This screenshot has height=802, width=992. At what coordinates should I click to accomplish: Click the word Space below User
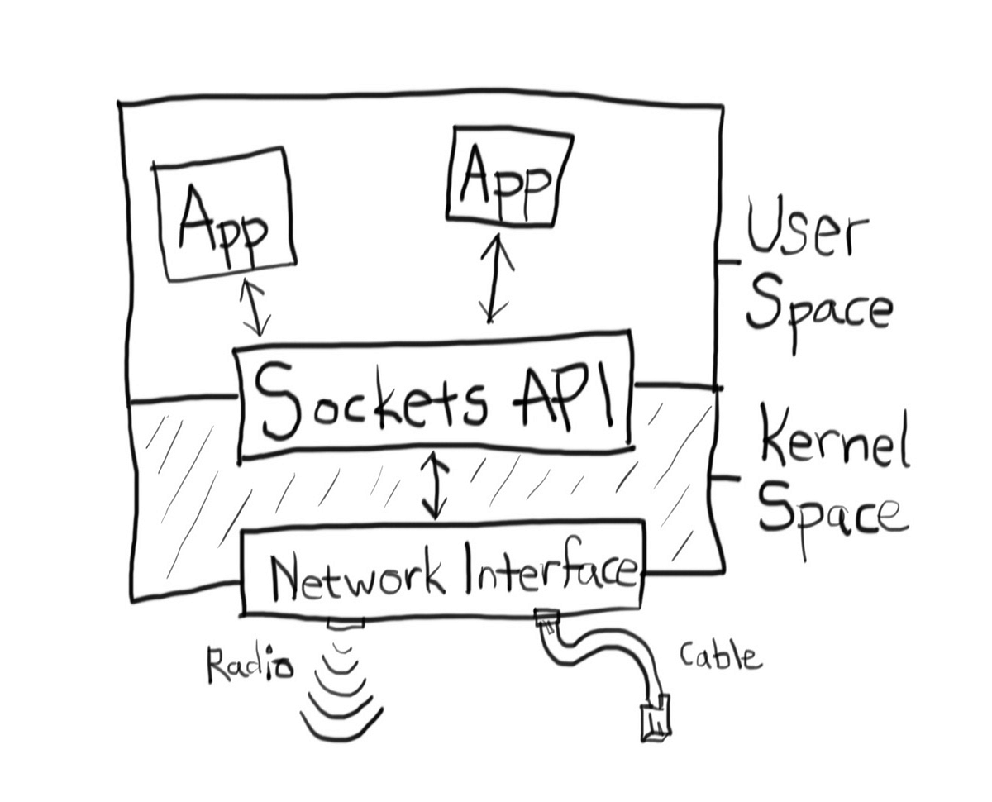[x=818, y=310]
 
